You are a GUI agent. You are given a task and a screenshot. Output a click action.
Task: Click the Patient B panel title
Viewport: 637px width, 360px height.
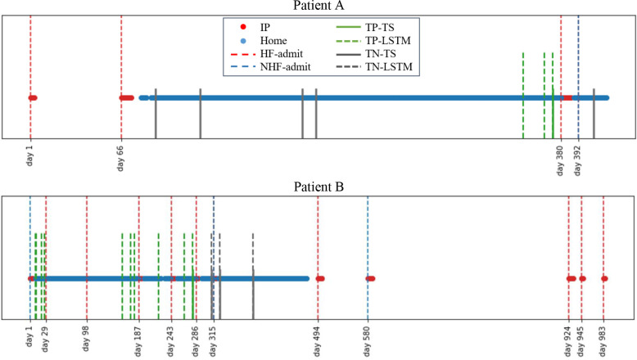(x=318, y=187)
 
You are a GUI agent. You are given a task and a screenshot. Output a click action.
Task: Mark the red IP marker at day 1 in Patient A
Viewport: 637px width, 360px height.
(x=32, y=98)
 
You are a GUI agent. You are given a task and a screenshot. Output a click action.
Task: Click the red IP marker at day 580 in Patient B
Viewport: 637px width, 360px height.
(x=370, y=279)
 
